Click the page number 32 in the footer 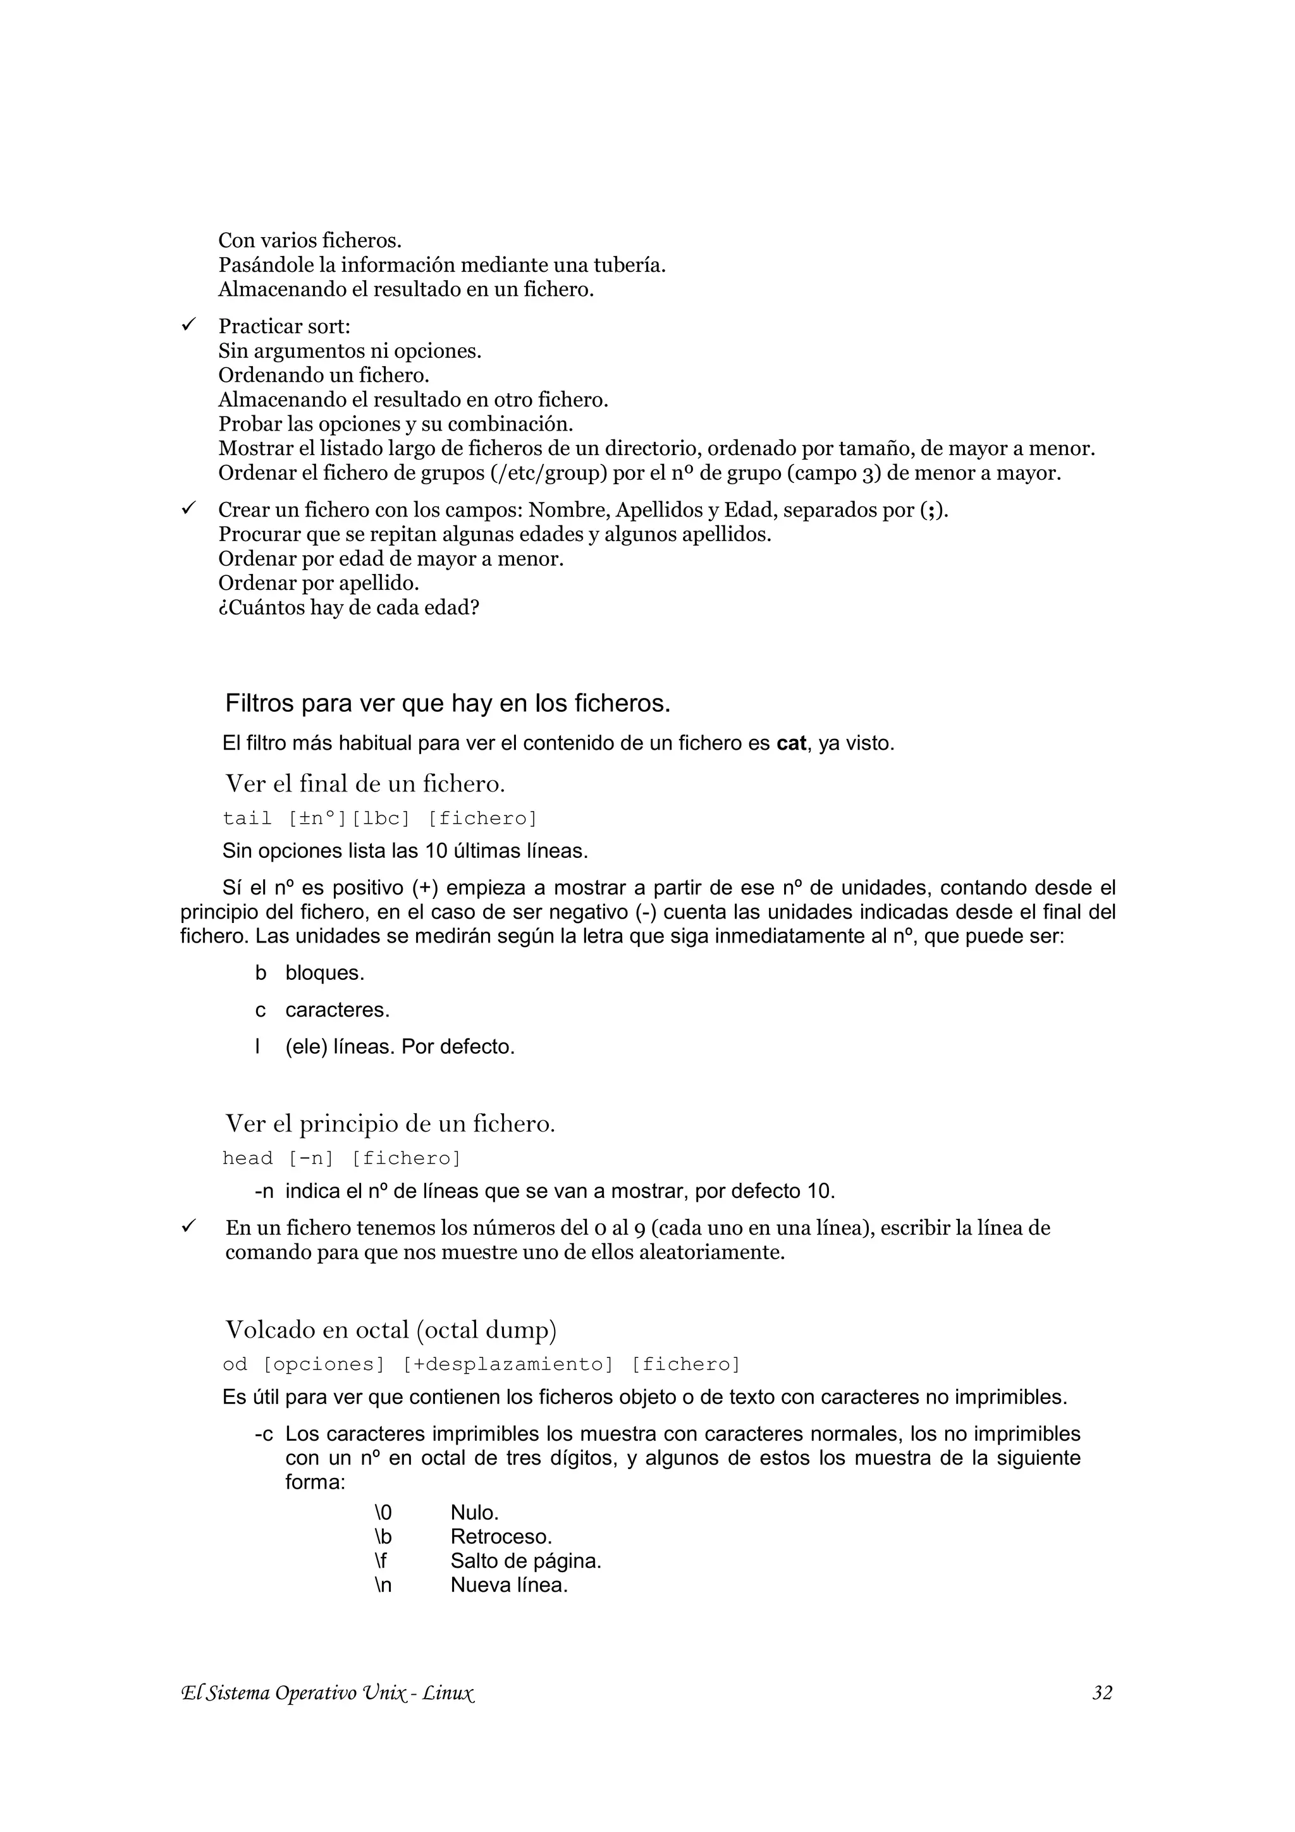[1102, 1692]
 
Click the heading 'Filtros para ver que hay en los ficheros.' [448, 703]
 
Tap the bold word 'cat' [791, 743]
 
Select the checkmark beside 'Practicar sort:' [189, 325]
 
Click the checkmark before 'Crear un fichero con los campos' [189, 508]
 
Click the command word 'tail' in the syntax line [247, 819]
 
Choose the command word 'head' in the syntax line [247, 1159]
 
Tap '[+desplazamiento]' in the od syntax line [508, 1364]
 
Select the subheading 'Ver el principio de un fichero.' [390, 1123]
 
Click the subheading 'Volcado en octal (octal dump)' [391, 1330]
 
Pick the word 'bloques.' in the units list [325, 974]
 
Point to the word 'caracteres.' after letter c [338, 1010]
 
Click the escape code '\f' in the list [381, 1561]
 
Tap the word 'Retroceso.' [501, 1537]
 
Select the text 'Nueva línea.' [509, 1585]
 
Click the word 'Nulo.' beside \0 [475, 1513]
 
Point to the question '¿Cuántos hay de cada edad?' [348, 608]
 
